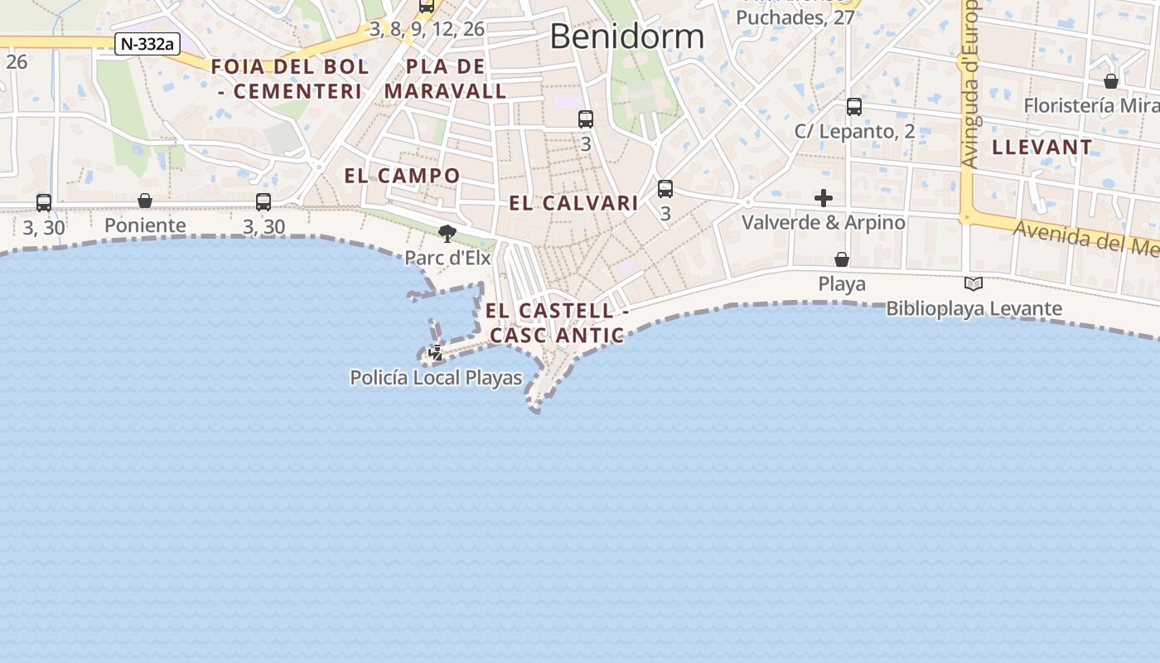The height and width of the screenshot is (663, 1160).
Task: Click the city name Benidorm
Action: tap(626, 36)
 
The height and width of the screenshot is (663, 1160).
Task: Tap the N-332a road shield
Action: tap(147, 44)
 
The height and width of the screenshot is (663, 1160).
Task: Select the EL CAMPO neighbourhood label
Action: tap(402, 176)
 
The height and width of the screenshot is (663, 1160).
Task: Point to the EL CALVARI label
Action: tap(573, 203)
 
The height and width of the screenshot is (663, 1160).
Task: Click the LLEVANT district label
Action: tap(1042, 148)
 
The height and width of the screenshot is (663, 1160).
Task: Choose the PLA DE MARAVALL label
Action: tap(445, 79)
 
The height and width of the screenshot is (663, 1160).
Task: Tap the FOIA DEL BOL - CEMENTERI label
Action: tap(289, 79)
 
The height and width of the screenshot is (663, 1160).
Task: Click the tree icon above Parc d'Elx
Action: tap(447, 234)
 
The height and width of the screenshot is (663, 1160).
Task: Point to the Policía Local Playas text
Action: tap(436, 379)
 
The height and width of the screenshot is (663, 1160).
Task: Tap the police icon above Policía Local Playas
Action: tap(435, 354)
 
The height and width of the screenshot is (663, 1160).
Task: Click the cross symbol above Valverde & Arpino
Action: tap(824, 198)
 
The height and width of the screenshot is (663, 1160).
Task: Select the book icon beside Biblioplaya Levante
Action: tap(974, 284)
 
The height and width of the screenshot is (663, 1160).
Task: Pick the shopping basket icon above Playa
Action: tap(842, 260)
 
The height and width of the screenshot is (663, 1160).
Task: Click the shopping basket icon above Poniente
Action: tap(145, 201)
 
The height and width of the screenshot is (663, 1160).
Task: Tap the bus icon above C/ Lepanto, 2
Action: tap(854, 107)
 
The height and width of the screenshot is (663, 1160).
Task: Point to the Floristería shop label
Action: tap(1090, 106)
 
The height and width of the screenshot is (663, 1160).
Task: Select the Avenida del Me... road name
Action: tap(1085, 238)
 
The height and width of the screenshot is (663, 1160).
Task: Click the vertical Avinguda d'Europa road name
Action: tap(970, 83)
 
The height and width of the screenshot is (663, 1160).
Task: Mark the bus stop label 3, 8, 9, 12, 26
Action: tap(427, 29)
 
